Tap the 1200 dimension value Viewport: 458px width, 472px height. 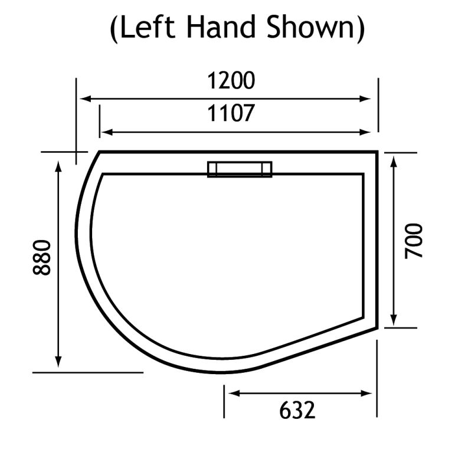click(231, 80)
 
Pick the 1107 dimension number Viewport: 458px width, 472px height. click(231, 113)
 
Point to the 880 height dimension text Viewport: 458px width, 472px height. click(42, 257)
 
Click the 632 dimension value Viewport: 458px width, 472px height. click(297, 409)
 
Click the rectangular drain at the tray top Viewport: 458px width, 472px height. click(240, 169)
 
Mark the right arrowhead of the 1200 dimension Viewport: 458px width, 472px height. click(368, 99)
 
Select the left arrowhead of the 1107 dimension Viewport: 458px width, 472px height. click(104, 132)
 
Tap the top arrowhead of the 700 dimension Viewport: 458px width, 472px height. click(394, 159)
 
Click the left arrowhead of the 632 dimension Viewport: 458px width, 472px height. click(230, 393)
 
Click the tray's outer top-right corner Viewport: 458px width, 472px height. click(377, 152)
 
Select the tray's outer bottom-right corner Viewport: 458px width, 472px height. click(377, 328)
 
